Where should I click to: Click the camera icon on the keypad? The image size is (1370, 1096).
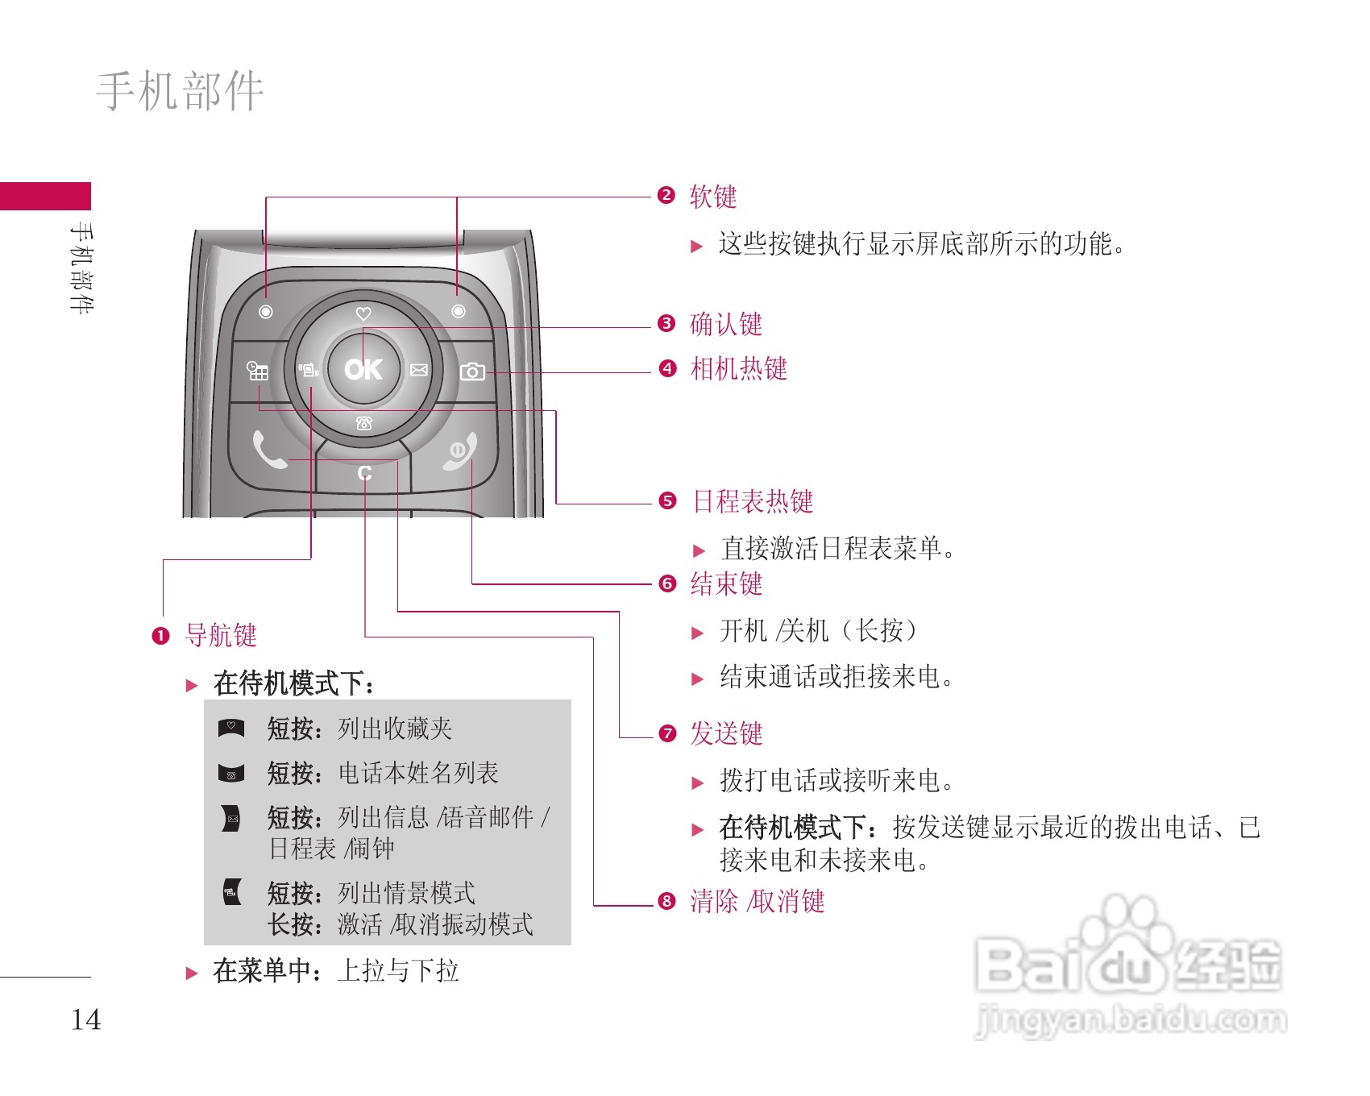point(472,372)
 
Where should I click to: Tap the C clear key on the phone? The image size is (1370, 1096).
point(364,473)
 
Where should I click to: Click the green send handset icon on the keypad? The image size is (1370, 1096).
point(269,450)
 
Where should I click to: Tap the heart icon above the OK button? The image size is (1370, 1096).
point(363,313)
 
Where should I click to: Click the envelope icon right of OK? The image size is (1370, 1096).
point(419,370)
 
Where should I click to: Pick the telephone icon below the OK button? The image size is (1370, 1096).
point(364,424)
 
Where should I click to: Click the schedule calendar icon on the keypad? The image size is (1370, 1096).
point(257,371)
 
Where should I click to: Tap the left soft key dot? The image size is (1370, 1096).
point(266,312)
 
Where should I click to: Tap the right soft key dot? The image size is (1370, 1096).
point(458,311)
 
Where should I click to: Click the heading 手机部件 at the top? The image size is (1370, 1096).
point(180,90)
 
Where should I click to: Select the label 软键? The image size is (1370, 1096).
point(713,197)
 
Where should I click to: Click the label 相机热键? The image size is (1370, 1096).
point(738,369)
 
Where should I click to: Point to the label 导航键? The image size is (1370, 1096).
point(221,635)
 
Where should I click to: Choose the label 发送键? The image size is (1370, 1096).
point(726,733)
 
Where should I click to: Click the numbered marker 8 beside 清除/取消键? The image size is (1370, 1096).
point(666,901)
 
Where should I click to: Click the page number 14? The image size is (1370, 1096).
point(86,1019)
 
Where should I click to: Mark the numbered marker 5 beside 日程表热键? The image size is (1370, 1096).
point(667,501)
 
